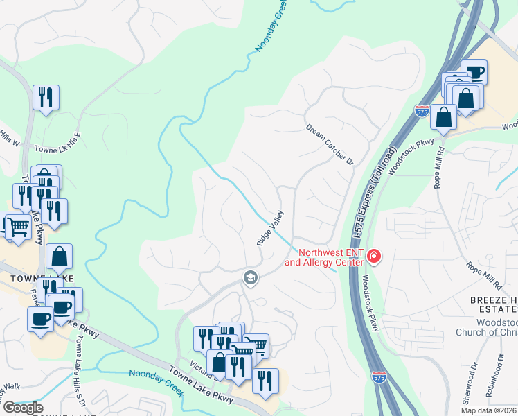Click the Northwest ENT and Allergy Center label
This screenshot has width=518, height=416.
tap(324, 257)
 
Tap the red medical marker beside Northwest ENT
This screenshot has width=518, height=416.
tap(375, 257)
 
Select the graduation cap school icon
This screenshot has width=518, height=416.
tap(249, 278)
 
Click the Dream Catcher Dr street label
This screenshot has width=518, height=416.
tap(330, 145)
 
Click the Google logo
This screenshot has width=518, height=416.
tap(23, 408)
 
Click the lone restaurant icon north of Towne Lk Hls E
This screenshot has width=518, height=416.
tap(46, 97)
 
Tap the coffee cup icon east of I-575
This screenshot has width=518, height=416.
tap(475, 71)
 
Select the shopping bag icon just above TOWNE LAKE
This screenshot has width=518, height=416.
tap(60, 257)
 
